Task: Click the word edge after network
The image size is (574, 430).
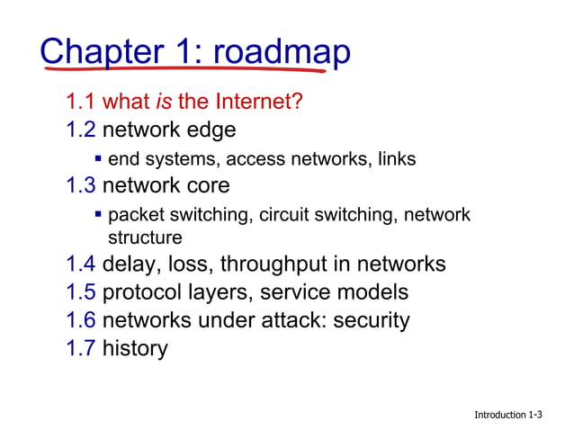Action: pos(211,130)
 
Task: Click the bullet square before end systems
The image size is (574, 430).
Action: pos(99,159)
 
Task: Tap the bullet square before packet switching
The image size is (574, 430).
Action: pos(99,215)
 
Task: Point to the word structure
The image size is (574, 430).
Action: pos(145,237)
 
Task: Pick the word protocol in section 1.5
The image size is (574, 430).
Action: pos(142,292)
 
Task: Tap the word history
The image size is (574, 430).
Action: pos(135,348)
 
